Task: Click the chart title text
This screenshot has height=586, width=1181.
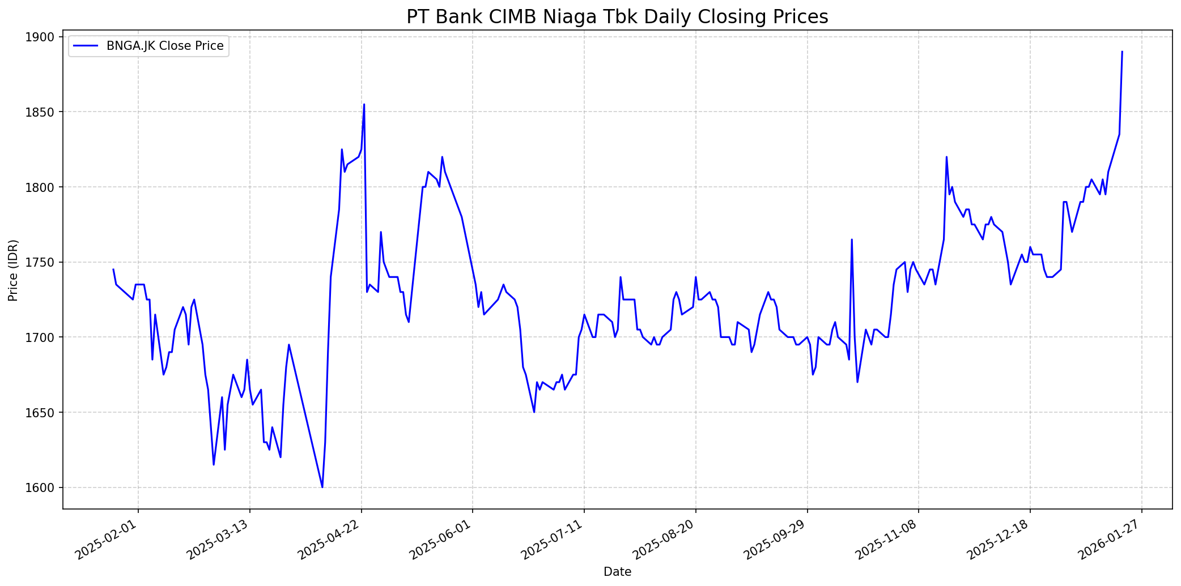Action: coord(617,16)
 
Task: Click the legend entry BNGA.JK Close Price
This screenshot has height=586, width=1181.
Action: coord(164,46)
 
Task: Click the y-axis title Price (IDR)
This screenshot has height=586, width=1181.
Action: coord(13,270)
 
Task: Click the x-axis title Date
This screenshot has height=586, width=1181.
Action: coord(617,572)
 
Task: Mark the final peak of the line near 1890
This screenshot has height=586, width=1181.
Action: coord(1122,52)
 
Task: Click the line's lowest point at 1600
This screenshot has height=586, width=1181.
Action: coord(322,487)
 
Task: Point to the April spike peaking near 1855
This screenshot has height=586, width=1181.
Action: coord(364,105)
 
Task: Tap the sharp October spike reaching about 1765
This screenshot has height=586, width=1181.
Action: coord(852,239)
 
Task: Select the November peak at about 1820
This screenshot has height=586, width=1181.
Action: coord(946,157)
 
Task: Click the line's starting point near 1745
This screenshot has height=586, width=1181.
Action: coord(113,270)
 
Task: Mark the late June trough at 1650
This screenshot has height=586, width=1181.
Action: coord(534,412)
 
